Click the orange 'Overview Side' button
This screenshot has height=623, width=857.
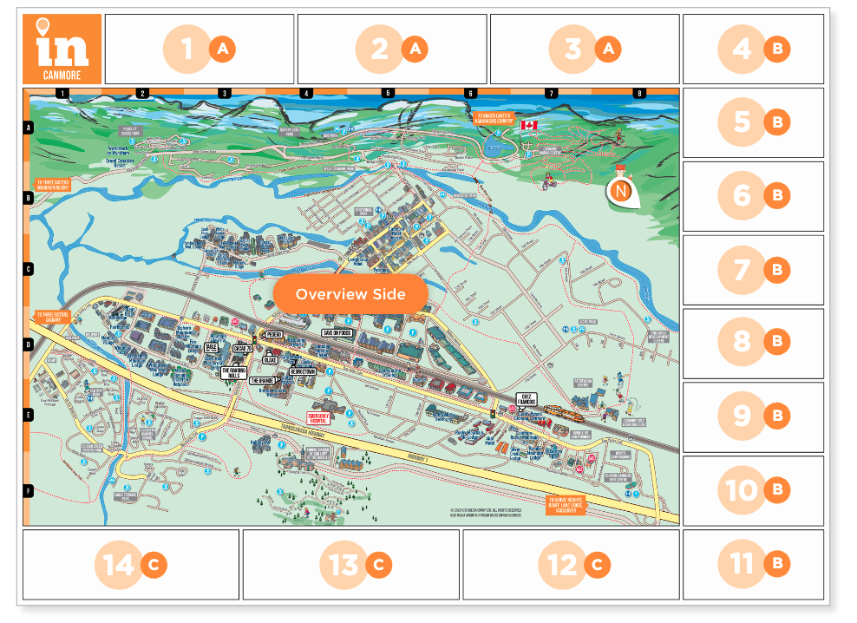pos(350,294)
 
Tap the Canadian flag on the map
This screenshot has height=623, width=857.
pos(528,126)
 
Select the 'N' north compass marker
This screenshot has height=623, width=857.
pos(621,191)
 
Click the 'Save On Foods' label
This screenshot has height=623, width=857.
pos(340,332)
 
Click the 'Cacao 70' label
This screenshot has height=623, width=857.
pos(242,348)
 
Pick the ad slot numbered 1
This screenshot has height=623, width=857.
pos(199,49)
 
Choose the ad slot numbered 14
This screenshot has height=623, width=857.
pos(130,565)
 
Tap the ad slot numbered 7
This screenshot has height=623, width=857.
pos(753,270)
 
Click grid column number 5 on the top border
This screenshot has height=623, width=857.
pos(388,93)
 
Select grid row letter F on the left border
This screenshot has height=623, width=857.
pos(28,490)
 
